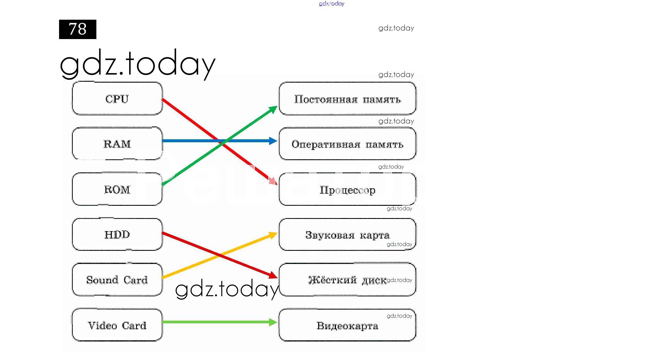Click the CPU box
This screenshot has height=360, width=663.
pos(117,98)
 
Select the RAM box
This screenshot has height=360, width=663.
pos(117,143)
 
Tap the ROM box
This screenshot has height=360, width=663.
pos(117,189)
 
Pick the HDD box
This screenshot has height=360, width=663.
pos(117,234)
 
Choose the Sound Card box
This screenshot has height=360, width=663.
pos(117,279)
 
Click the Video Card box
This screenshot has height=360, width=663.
pos(117,325)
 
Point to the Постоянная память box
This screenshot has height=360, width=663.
pos(347,98)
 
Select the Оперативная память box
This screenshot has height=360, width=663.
pos(347,143)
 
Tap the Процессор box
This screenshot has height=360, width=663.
pos(347,189)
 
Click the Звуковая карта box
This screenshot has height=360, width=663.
pos(347,234)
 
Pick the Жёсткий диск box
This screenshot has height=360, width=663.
pos(347,279)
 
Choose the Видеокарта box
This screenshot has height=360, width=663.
pos(347,325)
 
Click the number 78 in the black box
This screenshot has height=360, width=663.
pos(78,29)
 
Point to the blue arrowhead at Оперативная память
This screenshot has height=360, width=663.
pos(273,141)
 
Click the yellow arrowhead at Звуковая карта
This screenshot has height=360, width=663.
pos(273,235)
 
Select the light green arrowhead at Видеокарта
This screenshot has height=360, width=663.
pos(273,322)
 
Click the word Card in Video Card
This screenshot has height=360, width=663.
pos(134,325)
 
